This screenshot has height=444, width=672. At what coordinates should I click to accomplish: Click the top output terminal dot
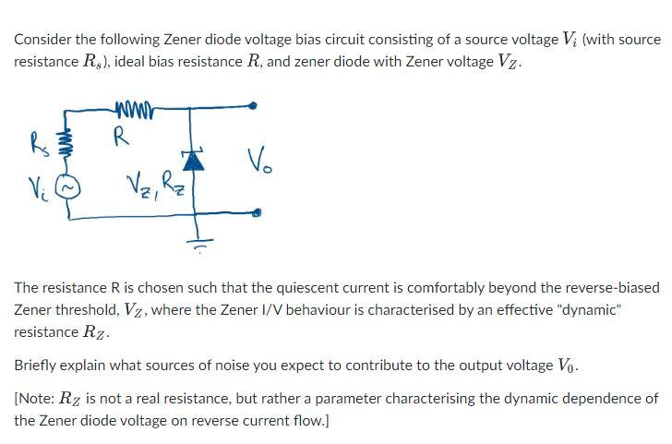pos(255,106)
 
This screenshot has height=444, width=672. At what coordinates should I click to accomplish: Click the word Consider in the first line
pos(43,40)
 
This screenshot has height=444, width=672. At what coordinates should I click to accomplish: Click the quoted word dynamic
pos(583,310)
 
